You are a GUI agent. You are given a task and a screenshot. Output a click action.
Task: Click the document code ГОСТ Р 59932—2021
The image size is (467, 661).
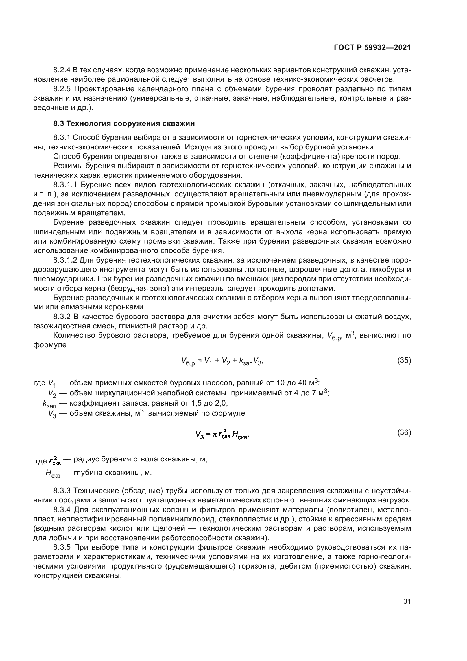pyautogui.click(x=372, y=48)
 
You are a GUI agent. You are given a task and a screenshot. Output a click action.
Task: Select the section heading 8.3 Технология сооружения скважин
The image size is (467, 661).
pyautogui.click(x=124, y=124)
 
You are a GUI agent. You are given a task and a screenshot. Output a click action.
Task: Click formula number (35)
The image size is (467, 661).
pyautogui.click(x=404, y=360)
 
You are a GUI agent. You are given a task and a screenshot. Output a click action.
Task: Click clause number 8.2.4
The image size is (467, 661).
pyautogui.click(x=62, y=70)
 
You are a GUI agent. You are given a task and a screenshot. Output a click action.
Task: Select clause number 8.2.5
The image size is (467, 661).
pyautogui.click(x=62, y=89)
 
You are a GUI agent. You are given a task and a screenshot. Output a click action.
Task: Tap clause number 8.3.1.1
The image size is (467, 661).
pyautogui.click(x=65, y=185)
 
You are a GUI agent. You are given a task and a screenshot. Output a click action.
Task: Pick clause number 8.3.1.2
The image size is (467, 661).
pyautogui.click(x=65, y=260)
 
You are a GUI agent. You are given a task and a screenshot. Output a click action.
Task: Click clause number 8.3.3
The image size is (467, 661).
pyautogui.click(x=62, y=490)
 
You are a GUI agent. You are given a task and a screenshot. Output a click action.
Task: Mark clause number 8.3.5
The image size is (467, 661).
pyautogui.click(x=62, y=547)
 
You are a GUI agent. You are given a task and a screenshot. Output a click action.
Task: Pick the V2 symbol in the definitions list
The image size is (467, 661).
pyautogui.click(x=52, y=393)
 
